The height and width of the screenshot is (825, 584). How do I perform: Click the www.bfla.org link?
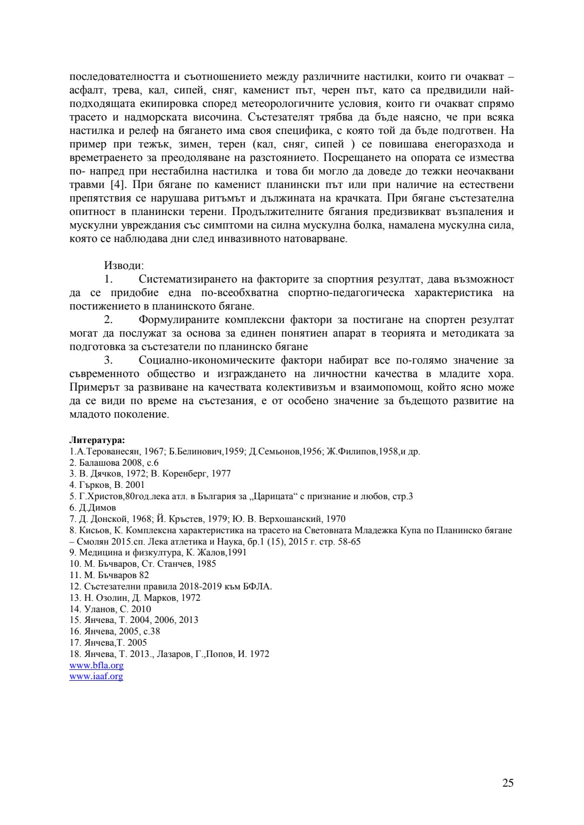click(x=96, y=665)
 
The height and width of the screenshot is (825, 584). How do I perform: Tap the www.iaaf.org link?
click(x=96, y=676)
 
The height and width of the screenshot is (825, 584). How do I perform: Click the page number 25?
click(x=508, y=783)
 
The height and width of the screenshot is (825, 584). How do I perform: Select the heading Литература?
click(x=97, y=440)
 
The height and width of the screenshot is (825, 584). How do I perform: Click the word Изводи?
click(x=124, y=266)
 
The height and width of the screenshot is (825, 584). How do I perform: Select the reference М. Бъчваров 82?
click(x=109, y=575)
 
